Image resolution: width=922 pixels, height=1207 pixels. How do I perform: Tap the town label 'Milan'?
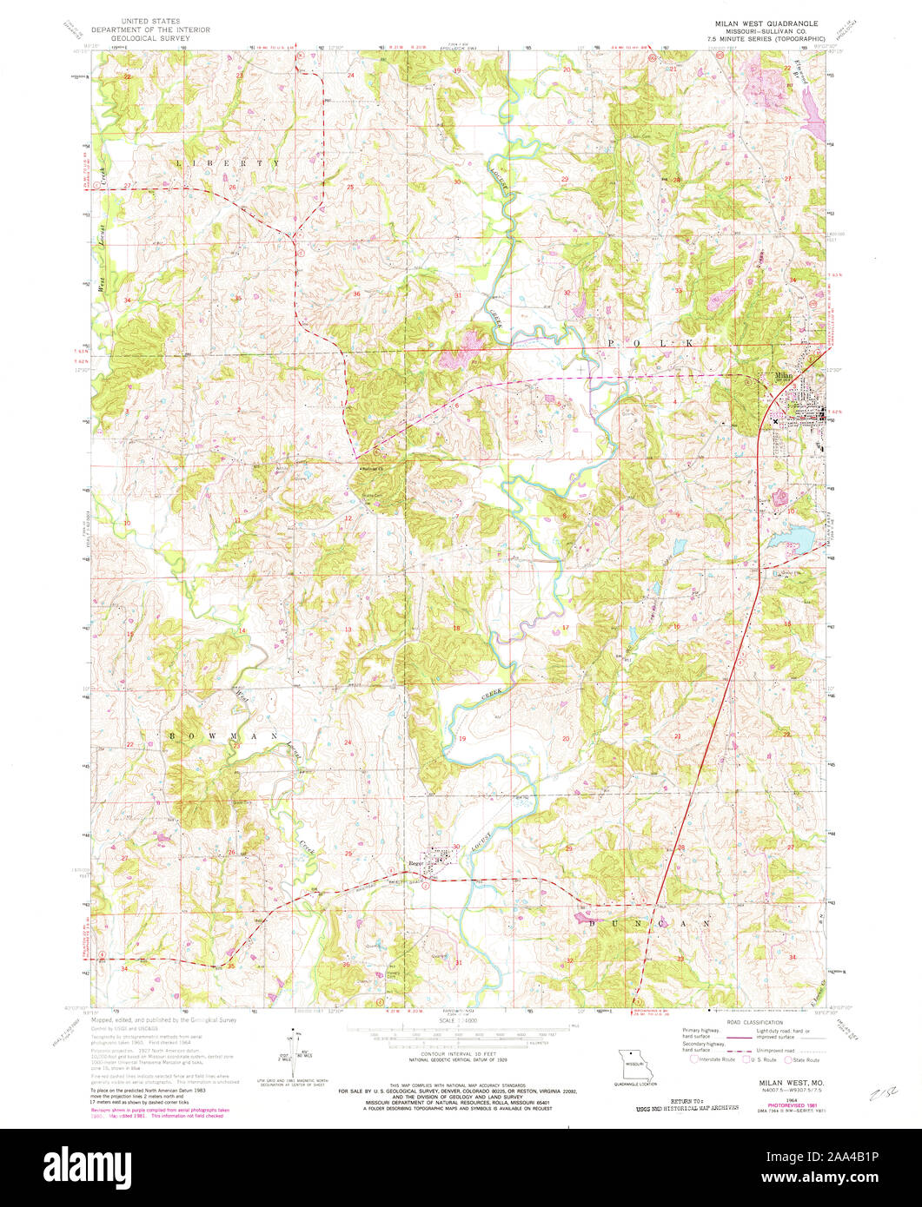784,376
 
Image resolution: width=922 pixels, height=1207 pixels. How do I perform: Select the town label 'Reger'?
416,863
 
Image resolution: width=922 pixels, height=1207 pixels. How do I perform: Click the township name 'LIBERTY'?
228,163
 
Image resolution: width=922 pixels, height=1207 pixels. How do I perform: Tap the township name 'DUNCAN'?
651,923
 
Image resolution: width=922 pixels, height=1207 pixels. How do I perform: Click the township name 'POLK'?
652,344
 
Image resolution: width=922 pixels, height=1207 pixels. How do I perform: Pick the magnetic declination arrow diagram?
295,1052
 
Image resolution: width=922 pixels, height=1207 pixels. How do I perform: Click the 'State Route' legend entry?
804,1059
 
